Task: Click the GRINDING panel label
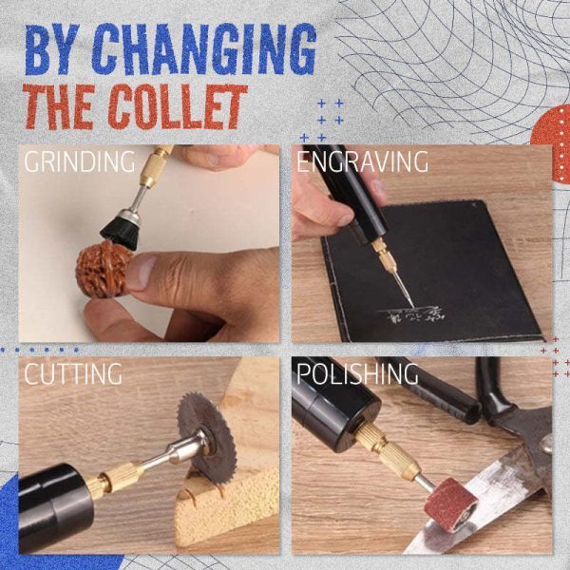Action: [x=79, y=161]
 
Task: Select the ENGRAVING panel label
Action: [x=362, y=161]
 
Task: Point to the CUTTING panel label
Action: [x=73, y=373]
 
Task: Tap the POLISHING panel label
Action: [x=357, y=373]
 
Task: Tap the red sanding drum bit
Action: [x=452, y=503]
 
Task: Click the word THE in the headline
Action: [x=61, y=106]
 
